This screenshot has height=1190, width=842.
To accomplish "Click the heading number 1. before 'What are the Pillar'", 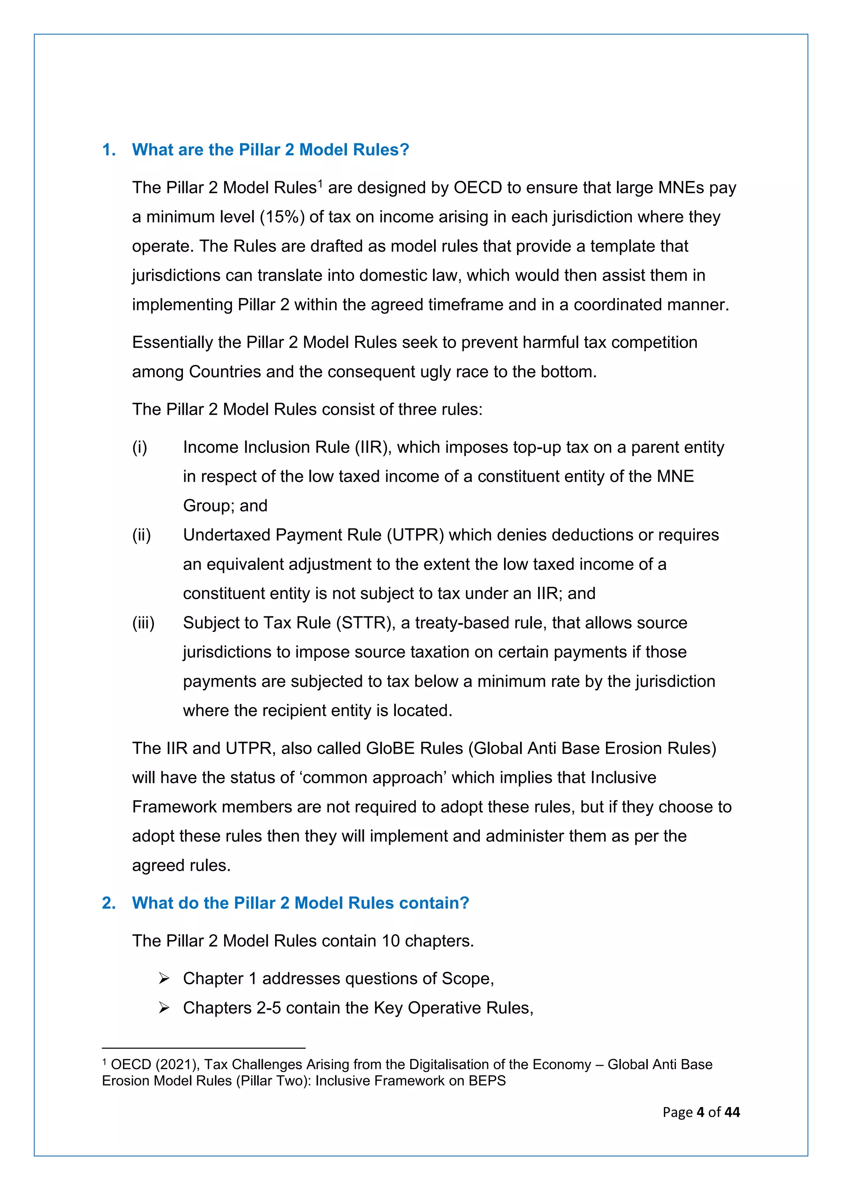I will point(109,150).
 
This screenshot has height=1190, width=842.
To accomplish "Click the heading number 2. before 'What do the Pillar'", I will point(109,903).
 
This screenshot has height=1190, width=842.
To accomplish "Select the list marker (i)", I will point(139,447).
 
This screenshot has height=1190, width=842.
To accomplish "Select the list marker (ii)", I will point(141,535).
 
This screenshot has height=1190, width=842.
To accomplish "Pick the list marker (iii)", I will point(143,623).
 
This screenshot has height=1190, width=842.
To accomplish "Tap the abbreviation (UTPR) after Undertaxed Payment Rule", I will point(415,535).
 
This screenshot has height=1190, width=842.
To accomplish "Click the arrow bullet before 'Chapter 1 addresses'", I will point(164,978).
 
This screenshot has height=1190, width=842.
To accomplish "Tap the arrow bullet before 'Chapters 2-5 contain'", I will point(164,1008).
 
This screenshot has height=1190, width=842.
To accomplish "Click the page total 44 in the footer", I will point(732,1112).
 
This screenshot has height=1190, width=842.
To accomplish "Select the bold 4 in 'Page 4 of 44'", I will point(701,1112).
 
